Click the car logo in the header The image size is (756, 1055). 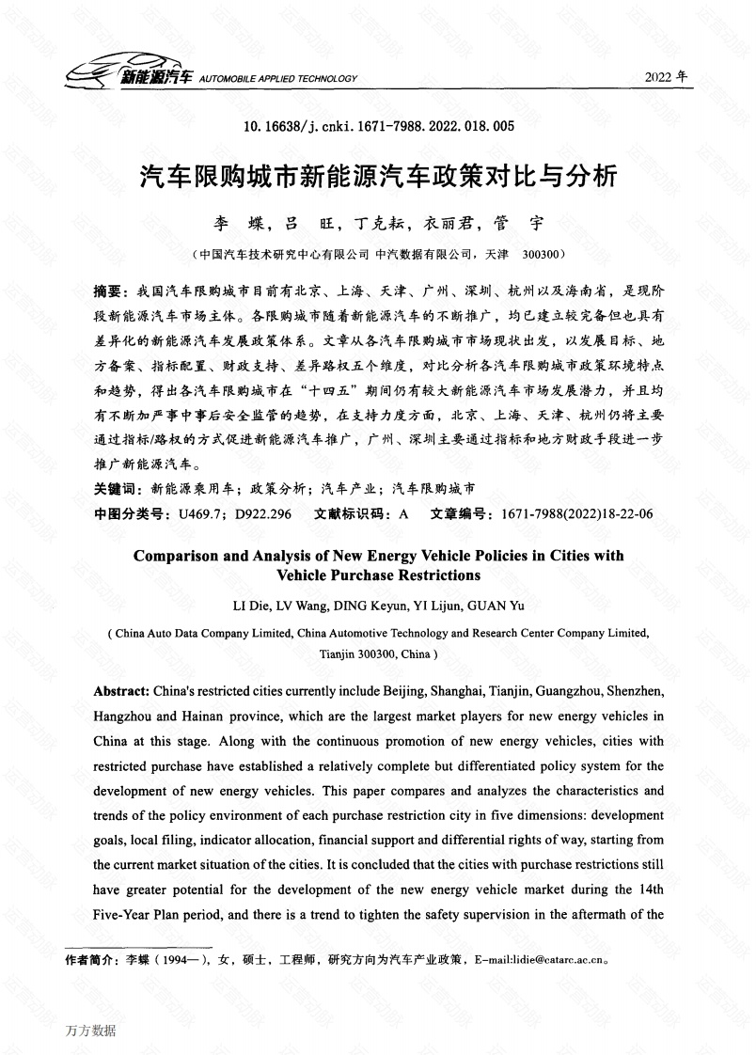88,73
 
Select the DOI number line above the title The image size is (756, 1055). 379,125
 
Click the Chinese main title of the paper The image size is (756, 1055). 378,175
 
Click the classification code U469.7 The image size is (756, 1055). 196,513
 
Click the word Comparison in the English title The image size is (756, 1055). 176,556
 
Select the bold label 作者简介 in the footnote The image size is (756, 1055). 90,960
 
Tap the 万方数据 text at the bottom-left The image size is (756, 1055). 91,1031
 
